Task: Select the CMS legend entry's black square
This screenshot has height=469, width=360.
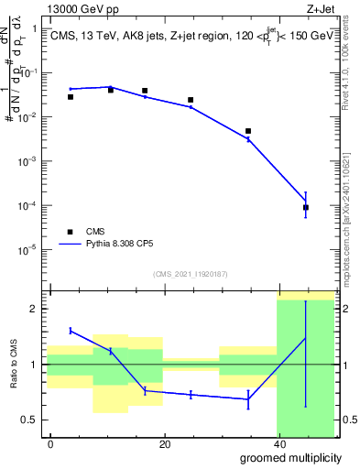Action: pyautogui.click(x=70, y=232)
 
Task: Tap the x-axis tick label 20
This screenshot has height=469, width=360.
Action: pyautogui.click(x=164, y=444)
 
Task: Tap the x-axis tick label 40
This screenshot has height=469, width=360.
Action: pyautogui.click(x=278, y=444)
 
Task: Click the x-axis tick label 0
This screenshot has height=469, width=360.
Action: pyautogui.click(x=50, y=444)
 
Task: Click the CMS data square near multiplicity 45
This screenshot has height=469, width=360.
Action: pyautogui.click(x=306, y=208)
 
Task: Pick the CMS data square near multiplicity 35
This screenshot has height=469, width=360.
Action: pyautogui.click(x=248, y=131)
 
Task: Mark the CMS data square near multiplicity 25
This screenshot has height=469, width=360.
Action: pyautogui.click(x=191, y=100)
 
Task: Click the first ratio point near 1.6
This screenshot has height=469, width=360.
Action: pyautogui.click(x=71, y=330)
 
